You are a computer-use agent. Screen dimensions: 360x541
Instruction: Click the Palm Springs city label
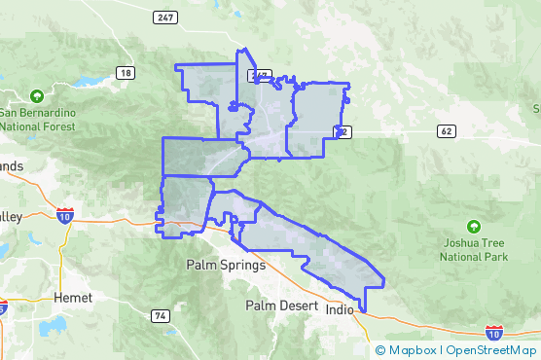pos(225,265)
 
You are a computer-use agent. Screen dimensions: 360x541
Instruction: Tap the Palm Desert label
pos(282,306)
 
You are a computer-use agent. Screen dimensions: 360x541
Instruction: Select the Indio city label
pos(340,311)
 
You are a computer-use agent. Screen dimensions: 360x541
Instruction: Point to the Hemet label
pos(73,297)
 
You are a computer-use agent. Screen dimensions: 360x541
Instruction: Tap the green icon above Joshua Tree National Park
pos(474,227)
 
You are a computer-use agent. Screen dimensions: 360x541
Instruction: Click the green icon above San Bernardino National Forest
pos(37,96)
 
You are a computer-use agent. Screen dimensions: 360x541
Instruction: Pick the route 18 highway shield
pos(126,73)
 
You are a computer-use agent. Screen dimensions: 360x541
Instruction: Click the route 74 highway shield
pos(160,315)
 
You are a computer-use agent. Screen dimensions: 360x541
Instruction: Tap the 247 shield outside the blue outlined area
pos(164,17)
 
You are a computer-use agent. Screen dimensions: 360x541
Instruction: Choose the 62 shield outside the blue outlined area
pos(447,130)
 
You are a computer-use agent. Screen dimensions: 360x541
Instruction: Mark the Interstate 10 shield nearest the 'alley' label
pos(64,215)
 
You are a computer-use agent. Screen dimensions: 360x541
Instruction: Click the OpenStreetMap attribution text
pos(490,350)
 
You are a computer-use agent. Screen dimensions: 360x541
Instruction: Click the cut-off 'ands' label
pos(11,166)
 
